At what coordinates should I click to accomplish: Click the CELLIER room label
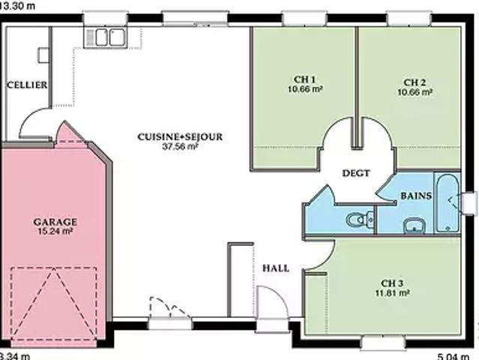(27, 85)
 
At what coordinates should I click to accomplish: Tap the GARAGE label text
(55, 222)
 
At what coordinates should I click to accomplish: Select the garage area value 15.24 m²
(55, 231)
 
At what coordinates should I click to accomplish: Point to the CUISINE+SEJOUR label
(180, 136)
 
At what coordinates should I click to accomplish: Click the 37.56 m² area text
(180, 146)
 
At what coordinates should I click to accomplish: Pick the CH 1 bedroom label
(304, 79)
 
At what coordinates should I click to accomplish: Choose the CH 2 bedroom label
(415, 82)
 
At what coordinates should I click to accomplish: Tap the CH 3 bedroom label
(392, 283)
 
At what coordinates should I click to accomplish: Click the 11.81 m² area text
(392, 292)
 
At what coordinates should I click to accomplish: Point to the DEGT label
(356, 173)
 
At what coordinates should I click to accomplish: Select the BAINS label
(416, 196)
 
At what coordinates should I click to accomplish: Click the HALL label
(276, 268)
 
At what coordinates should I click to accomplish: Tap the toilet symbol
(360, 219)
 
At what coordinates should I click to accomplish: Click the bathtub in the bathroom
(448, 203)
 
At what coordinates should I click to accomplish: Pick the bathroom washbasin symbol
(415, 226)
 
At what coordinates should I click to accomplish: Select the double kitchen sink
(106, 37)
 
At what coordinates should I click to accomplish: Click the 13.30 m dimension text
(17, 5)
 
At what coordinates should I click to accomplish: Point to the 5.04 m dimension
(453, 356)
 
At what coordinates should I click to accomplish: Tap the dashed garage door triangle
(54, 303)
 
